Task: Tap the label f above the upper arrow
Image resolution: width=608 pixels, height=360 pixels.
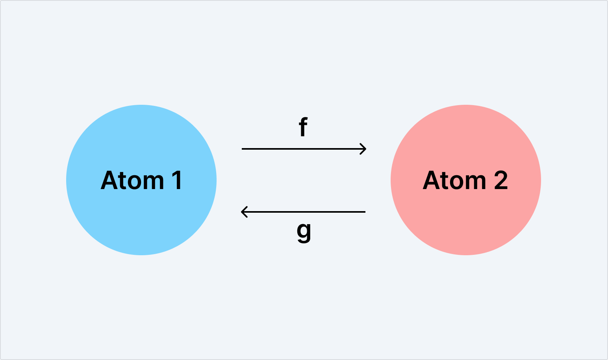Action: click(303, 127)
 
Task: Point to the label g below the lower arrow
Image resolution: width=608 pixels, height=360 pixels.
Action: click(304, 232)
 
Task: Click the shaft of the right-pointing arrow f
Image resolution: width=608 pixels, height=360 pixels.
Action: click(299, 149)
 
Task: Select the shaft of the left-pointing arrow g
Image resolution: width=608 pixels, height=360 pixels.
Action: click(307, 212)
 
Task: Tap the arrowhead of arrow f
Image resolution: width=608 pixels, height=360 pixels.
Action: click(363, 149)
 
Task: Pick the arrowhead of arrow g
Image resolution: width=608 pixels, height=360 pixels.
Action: click(244, 212)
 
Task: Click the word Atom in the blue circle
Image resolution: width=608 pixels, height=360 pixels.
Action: click(132, 181)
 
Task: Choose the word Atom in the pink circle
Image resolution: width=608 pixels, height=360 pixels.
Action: click(454, 181)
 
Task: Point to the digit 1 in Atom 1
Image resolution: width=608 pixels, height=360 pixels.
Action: click(177, 180)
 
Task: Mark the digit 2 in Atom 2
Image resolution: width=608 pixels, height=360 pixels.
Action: click(501, 180)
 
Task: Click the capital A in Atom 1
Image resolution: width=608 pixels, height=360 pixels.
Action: click(109, 180)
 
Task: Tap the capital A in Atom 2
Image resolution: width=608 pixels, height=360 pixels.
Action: click(431, 180)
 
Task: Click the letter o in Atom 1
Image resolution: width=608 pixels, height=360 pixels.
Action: click(134, 182)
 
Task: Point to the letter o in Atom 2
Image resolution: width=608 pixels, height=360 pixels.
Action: click(457, 182)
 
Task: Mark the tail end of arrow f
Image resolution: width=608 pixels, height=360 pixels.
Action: click(243, 149)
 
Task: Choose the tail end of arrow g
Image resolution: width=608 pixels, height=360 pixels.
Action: click(364, 212)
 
